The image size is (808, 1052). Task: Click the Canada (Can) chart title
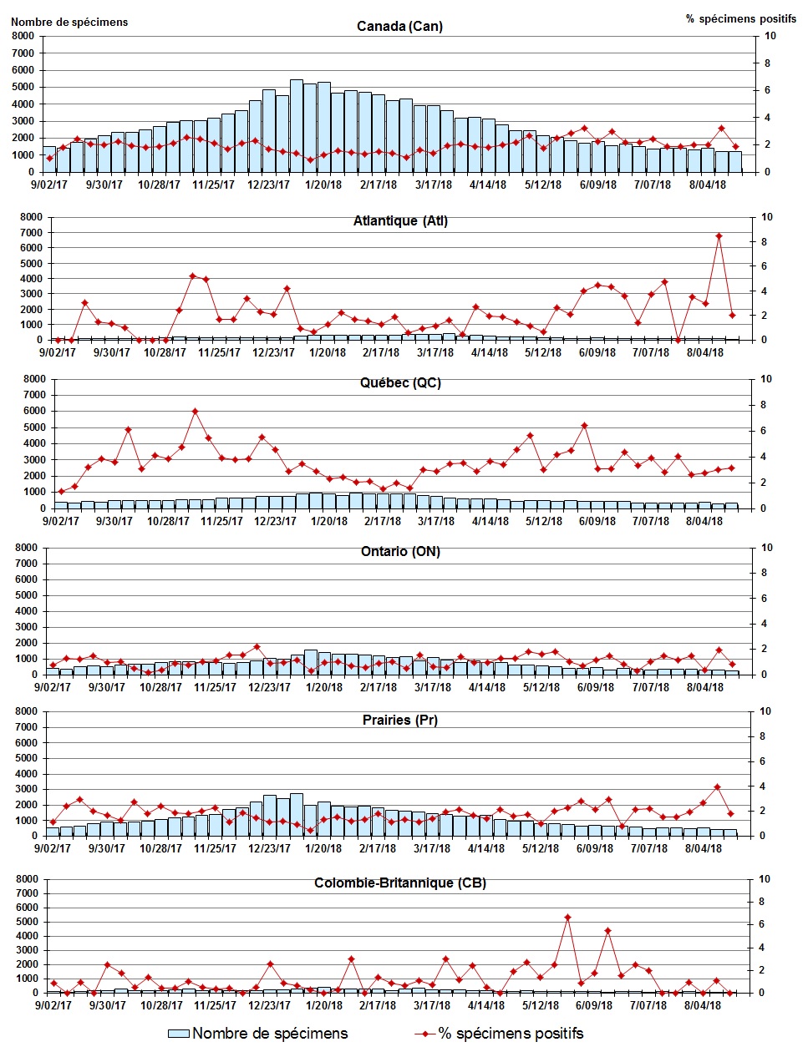399,27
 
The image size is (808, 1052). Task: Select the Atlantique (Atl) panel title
400,221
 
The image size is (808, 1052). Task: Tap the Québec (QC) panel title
400,383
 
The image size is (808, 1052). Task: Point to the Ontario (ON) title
400,552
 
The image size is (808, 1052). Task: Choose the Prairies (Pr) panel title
400,720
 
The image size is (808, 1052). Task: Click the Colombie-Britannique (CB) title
400,883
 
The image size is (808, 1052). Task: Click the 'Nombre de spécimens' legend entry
258,1034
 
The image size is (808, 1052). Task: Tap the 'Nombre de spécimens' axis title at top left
69,23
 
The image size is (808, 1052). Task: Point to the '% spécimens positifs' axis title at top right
741,18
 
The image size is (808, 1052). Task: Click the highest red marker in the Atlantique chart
719,236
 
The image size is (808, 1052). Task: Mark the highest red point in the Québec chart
195,411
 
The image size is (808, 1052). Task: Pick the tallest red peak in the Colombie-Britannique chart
567,917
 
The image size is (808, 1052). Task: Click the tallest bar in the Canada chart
297,125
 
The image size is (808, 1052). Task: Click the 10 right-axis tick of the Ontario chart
768,548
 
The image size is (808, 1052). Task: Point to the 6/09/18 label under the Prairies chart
595,848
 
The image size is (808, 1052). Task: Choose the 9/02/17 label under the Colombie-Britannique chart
52,1005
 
